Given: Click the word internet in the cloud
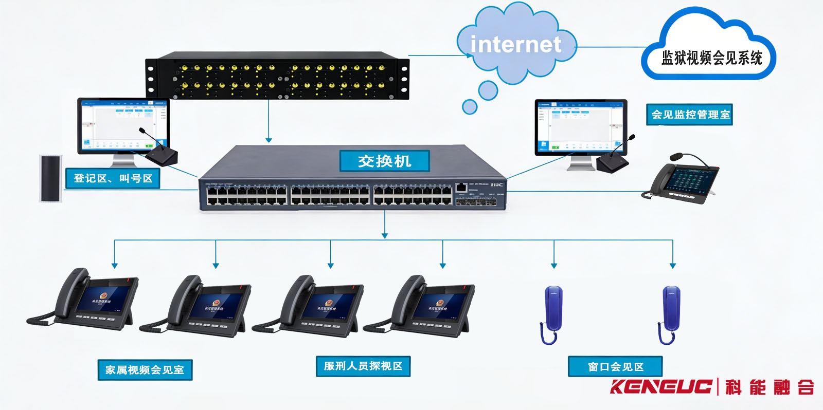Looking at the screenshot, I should point(515,44).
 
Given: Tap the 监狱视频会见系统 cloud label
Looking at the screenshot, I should point(711,58).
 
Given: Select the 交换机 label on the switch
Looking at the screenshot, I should point(384,161).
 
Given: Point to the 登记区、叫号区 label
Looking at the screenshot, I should point(113,178).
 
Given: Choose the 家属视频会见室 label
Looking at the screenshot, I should point(145,370).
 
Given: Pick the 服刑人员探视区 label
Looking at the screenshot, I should point(363,366).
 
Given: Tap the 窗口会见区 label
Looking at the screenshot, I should point(615,367).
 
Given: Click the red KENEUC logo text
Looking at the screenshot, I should point(661,386).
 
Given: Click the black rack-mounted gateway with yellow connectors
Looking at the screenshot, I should point(278,76).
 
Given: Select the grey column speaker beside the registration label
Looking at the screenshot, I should point(51,178).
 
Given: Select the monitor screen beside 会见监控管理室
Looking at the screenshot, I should point(580,126).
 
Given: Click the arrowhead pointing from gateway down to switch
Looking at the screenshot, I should point(269,140).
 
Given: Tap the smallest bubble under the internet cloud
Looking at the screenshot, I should point(469,107).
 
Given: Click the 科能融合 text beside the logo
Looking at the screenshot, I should point(770,387).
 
